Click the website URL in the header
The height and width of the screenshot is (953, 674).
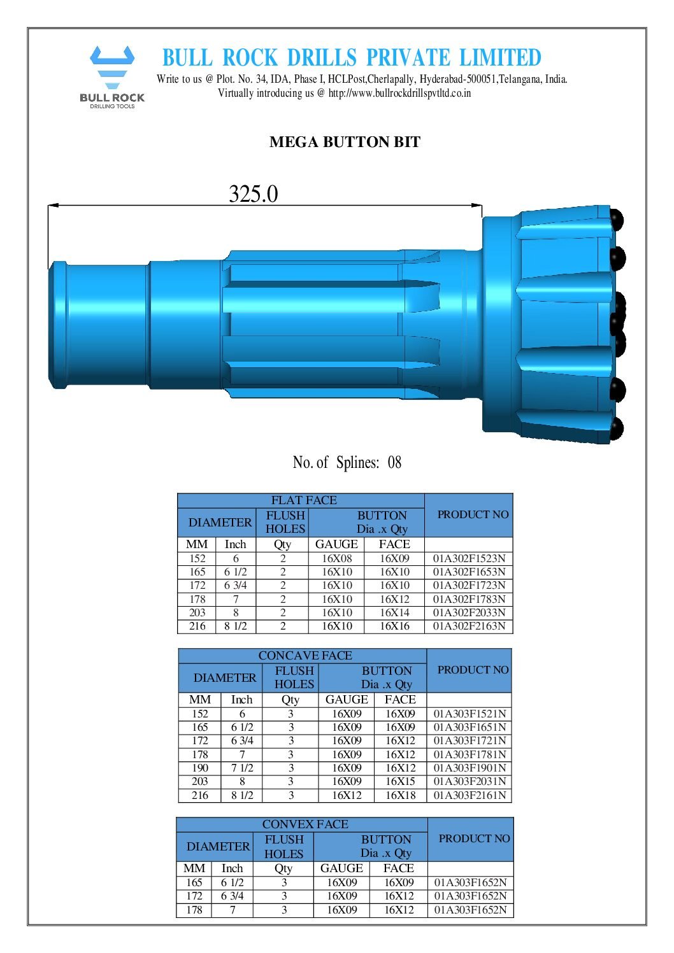399,93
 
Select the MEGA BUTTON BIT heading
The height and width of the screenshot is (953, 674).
345,142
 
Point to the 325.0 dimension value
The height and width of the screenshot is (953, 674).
253,194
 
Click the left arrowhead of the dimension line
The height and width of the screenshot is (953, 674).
53,205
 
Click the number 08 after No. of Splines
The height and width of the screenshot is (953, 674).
394,462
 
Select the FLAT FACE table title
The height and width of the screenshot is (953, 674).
303,500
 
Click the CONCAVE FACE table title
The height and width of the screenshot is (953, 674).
305,656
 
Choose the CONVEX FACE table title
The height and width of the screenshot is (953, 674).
305,824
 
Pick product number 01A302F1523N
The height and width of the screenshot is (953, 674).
469,558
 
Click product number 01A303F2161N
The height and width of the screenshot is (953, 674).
470,795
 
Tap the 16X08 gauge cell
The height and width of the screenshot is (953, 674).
336,558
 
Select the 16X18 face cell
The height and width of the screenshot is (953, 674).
400,795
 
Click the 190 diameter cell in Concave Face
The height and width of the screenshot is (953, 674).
200,768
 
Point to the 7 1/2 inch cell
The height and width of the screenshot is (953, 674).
242,768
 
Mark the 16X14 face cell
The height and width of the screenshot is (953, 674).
394,612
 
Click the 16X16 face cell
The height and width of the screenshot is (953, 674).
394,626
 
